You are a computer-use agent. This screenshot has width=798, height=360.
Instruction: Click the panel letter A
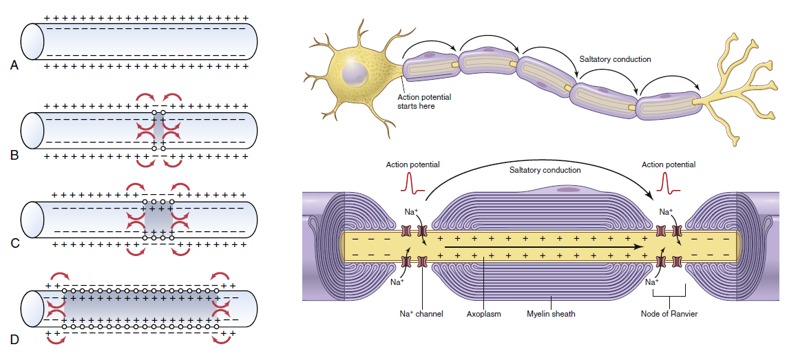[14, 65]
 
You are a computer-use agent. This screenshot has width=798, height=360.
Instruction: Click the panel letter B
[14, 155]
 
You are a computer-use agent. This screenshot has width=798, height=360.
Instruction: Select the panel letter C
[14, 244]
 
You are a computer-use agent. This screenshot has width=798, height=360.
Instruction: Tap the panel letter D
[14, 339]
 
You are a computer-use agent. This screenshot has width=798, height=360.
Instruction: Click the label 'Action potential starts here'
[424, 102]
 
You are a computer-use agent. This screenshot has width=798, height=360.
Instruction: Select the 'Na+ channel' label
[421, 314]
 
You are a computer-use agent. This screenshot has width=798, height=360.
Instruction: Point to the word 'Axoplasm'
[483, 314]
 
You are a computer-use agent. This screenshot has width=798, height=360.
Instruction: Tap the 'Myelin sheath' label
[551, 314]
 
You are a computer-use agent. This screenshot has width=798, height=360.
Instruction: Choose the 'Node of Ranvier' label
[669, 314]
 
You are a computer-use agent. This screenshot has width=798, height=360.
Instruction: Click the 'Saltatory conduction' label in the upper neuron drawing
[616, 59]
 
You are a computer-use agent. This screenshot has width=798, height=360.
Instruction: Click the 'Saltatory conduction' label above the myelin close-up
[545, 169]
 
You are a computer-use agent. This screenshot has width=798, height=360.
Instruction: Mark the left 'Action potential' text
[412, 165]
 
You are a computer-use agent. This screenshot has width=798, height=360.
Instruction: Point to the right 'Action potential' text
[669, 165]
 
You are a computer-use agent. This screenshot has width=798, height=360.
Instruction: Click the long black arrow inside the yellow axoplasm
[543, 246]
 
